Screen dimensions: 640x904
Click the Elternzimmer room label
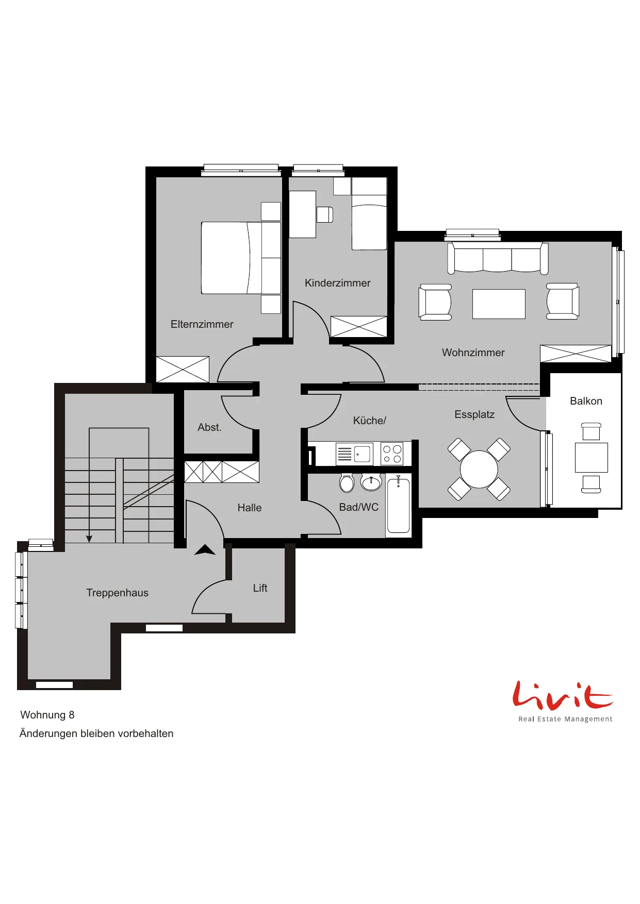pos(202,324)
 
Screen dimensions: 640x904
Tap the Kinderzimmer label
pos(337,283)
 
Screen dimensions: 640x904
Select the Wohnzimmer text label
pos(473,353)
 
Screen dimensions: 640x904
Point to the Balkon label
pos(586,401)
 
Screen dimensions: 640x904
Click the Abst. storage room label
pos(209,427)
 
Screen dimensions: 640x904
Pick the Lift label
pos(260,588)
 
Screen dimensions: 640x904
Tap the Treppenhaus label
pos(117,593)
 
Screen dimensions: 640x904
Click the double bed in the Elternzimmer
pos(241,258)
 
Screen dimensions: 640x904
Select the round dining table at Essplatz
pos(479,469)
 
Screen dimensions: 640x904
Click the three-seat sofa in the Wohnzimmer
pos(498,258)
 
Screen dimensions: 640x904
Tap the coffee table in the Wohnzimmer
pos(499,304)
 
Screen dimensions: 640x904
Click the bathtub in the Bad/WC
pos(399,506)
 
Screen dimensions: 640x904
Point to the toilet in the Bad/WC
pos(347,482)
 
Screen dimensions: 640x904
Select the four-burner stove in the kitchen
pos(392,454)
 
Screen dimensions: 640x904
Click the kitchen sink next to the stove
pos(354,454)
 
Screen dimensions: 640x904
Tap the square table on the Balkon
pos(592,458)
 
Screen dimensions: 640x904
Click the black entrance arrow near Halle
pos(205,550)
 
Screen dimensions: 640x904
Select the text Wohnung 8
pos(47,715)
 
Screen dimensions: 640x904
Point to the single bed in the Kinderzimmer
pos(369,213)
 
